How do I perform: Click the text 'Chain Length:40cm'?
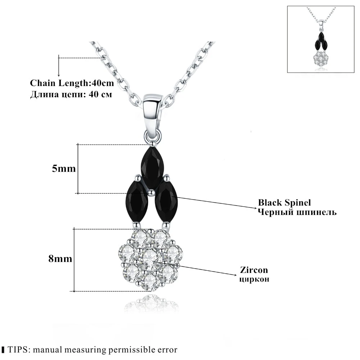[72, 84]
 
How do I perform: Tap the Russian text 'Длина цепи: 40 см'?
[71, 95]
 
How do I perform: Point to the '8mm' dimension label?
[60, 259]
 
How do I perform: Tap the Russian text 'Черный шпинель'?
[297, 212]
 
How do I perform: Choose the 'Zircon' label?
[255, 270]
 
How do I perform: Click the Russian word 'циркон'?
[254, 279]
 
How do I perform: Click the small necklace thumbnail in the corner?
[321, 39]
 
